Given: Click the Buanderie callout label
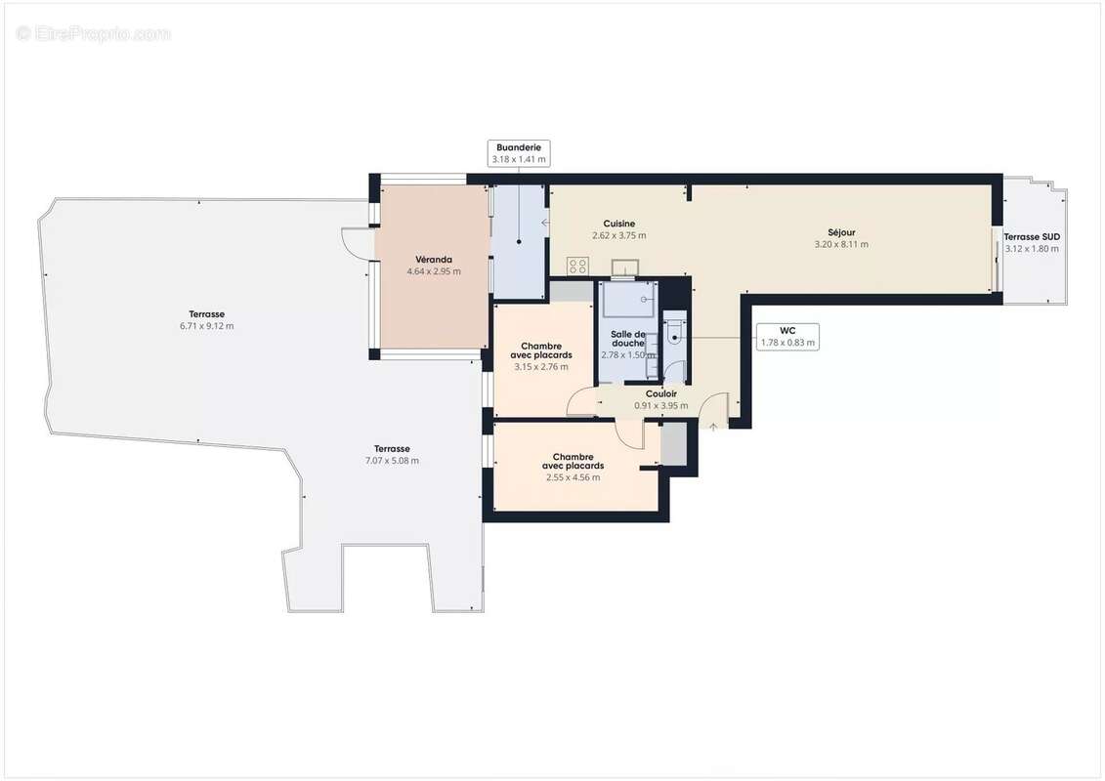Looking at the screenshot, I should pos(518,152).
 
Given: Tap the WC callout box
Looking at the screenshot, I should pos(786,336).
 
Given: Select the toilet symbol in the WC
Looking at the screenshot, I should pos(674,333).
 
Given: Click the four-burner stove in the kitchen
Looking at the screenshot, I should pos(577,266).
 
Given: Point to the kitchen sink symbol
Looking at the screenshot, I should pos(624,267).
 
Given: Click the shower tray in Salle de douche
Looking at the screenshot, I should pos(629,300).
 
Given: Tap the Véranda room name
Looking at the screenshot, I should pos(434,260).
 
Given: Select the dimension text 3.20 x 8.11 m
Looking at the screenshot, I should pos(840,244).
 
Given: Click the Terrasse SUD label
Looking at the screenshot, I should pos(1032,236).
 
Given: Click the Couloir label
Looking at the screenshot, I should pos(661,393).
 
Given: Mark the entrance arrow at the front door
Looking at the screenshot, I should pos(713,426).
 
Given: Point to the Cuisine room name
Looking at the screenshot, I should pos(618,224).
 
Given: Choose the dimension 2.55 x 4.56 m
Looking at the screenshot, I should pos(573,477).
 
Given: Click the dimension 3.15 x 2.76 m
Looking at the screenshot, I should pos(540,367).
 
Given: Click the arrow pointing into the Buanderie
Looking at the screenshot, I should pos(545,223).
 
